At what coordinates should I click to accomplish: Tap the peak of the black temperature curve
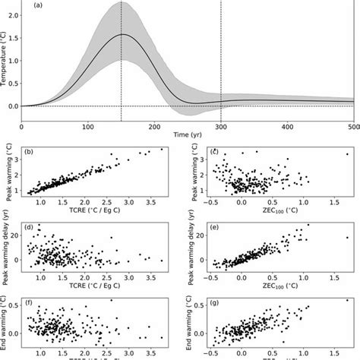[124, 34]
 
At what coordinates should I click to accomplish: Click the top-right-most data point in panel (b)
[161, 149]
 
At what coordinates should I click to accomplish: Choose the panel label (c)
[215, 153]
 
